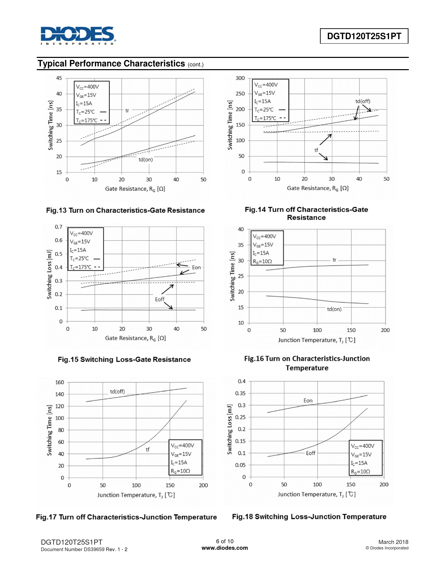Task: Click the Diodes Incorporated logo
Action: point(78,35)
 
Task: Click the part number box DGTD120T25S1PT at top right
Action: point(364,36)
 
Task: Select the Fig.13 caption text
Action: point(125,210)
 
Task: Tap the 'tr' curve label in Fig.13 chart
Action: point(127,110)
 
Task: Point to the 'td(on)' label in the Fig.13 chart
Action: point(146,159)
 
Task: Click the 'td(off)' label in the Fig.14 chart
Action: point(363,101)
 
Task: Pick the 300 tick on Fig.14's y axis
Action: point(240,78)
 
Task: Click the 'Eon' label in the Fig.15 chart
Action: point(196,267)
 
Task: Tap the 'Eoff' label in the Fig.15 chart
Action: point(160,299)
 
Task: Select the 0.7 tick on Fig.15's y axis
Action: point(59,227)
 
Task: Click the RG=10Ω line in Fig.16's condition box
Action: point(262,262)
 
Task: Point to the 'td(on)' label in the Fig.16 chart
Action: point(334,309)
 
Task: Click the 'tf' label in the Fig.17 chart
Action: point(147,450)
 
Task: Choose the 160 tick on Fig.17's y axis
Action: point(60,382)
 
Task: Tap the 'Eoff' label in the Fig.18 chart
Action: point(310,453)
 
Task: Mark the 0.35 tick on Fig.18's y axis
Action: point(240,393)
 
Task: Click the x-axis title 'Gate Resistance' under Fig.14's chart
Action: point(317,188)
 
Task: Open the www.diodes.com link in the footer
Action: point(225,548)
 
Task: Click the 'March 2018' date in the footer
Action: point(393,542)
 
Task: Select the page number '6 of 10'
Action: point(225,541)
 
